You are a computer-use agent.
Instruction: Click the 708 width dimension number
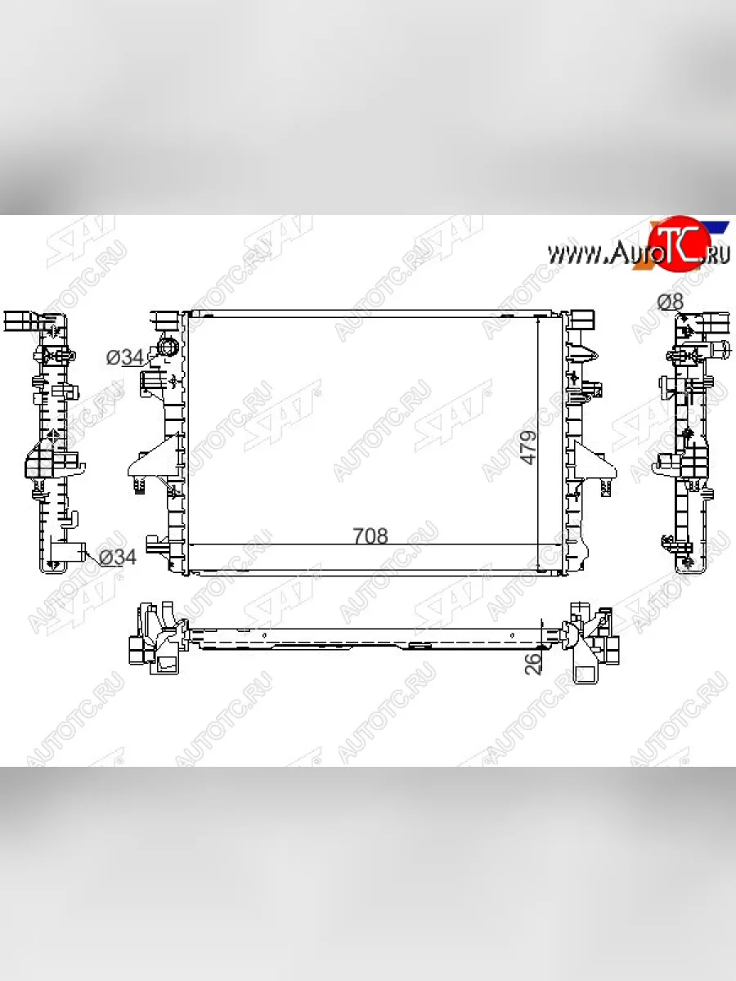point(370,535)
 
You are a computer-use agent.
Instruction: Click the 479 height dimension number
point(528,447)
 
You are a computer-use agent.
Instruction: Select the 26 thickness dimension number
point(532,664)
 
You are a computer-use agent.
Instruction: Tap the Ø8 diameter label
point(671,302)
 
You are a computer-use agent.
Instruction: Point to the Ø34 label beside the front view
point(125,357)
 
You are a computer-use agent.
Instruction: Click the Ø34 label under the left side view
point(118,557)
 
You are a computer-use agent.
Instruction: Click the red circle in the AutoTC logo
point(679,244)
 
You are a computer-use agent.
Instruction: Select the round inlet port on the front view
point(168,347)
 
